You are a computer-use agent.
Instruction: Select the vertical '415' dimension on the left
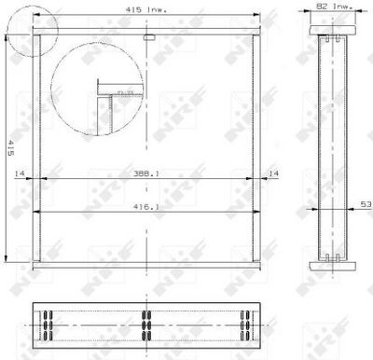tap(9, 147)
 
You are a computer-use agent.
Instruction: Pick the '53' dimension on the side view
tap(366, 201)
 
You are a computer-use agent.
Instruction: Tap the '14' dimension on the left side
tap(19, 173)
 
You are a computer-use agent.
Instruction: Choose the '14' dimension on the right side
tap(273, 173)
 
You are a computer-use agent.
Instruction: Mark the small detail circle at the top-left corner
tap(35, 35)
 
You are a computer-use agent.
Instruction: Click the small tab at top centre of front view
tap(149, 37)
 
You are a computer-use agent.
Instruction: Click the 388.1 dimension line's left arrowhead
tap(45, 180)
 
